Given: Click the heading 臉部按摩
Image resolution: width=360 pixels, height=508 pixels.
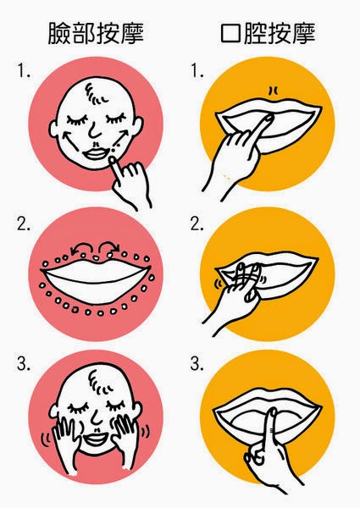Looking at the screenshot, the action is pyautogui.click(x=96, y=33).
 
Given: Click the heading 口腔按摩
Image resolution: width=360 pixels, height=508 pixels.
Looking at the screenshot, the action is pyautogui.click(x=268, y=33).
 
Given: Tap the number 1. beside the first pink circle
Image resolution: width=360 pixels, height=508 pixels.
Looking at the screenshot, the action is pyautogui.click(x=24, y=70).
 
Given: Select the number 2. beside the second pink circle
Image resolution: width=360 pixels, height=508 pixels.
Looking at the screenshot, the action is pyautogui.click(x=24, y=224).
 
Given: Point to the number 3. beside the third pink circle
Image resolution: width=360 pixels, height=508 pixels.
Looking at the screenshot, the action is pyautogui.click(x=24, y=364).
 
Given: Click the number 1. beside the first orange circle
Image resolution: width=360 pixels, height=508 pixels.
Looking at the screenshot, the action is pyautogui.click(x=197, y=70).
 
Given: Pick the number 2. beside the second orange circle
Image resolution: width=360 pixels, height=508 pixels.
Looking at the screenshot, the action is pyautogui.click(x=197, y=224).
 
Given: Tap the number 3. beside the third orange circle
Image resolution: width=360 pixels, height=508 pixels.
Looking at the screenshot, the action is pyautogui.click(x=197, y=364).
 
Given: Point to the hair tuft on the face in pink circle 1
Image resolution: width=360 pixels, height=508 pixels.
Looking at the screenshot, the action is pyautogui.click(x=97, y=94).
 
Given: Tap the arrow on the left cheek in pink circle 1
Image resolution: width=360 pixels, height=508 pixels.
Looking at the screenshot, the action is pyautogui.click(x=70, y=140).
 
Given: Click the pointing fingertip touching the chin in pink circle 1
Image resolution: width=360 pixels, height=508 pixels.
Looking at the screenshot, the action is pyautogui.click(x=112, y=160).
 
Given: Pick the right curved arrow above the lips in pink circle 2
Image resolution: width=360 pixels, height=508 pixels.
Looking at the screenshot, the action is pyautogui.click(x=109, y=246).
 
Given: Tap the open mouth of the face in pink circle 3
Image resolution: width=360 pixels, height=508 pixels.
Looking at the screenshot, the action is pyautogui.click(x=94, y=439).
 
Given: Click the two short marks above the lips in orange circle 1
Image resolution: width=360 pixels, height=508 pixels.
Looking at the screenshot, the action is pyautogui.click(x=273, y=91).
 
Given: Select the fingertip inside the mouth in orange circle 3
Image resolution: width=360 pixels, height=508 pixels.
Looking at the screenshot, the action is pyautogui.click(x=273, y=412).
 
